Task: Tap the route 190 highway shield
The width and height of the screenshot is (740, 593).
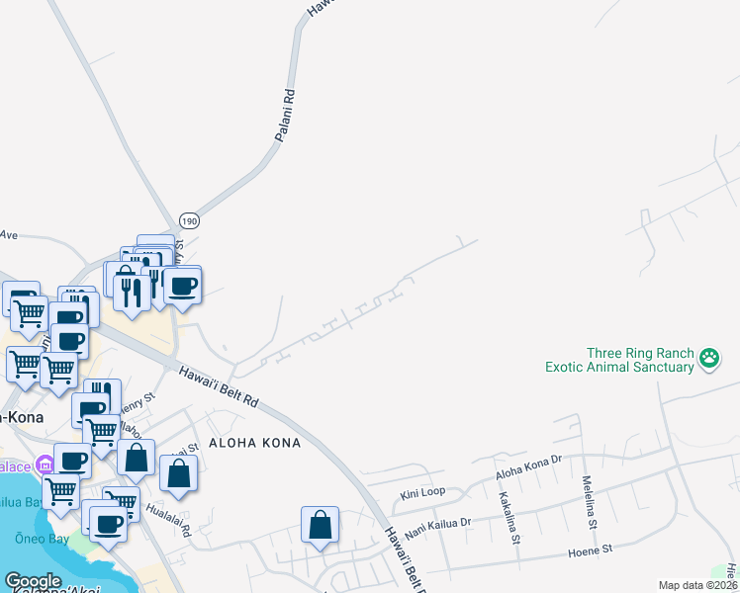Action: coord(190,221)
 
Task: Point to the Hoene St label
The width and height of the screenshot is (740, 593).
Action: coord(591,547)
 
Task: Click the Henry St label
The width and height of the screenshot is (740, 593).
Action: coord(138,403)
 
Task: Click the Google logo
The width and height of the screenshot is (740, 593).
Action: coord(33,581)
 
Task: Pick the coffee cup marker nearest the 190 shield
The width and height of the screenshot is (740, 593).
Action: coord(182,287)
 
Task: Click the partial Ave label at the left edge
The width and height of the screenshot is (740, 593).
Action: coord(9,235)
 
